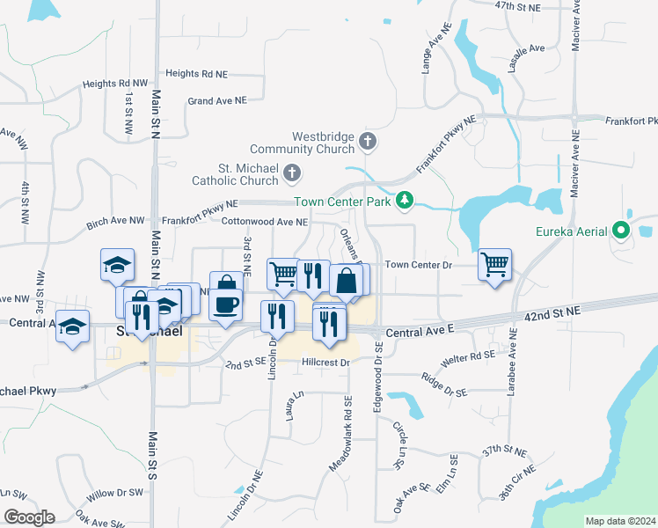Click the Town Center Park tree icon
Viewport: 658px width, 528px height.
point(404,202)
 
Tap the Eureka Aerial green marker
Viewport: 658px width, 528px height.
point(622,232)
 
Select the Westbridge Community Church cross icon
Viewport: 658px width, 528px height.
point(369,140)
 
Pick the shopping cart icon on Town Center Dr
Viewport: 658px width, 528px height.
point(495,263)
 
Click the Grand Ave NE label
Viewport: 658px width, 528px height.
point(217,101)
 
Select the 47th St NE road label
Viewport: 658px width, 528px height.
point(515,5)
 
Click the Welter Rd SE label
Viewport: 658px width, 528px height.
point(471,356)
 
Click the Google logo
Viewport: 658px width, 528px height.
point(29,517)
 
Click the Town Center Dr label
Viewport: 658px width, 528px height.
point(418,264)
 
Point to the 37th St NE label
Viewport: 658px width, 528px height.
point(503,451)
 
